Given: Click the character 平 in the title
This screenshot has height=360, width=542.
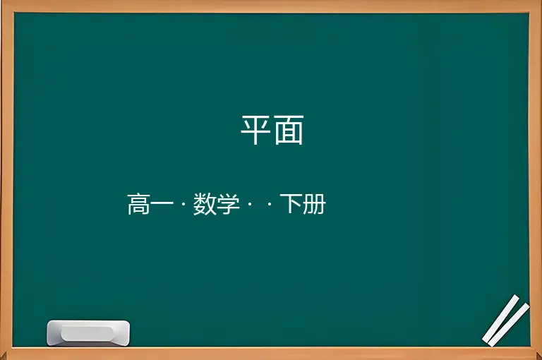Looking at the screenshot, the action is [255, 130].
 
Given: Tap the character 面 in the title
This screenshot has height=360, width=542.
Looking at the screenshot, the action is [289, 130].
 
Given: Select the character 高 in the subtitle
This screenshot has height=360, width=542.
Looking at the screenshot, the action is [138, 204].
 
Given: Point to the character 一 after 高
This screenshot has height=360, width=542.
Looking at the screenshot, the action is [162, 204].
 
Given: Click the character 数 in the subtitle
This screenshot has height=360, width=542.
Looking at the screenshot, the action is [205, 204].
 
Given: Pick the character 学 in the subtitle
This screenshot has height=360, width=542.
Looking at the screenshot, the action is [229, 204].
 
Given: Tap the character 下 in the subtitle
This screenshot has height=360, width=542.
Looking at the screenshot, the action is [291, 203].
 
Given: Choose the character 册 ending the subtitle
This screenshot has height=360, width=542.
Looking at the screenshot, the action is [314, 204].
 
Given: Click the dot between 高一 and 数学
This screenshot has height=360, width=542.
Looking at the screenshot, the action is [183, 204].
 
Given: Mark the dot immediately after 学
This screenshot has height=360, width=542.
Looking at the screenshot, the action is [250, 204].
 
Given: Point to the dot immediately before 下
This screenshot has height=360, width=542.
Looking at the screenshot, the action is [270, 204].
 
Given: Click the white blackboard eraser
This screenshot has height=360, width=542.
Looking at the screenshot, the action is [88, 332].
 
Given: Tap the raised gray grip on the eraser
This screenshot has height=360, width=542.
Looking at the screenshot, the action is [88, 333].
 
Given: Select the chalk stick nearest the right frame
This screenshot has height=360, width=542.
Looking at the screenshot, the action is [508, 325].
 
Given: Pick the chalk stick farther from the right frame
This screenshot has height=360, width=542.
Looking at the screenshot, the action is [501, 318].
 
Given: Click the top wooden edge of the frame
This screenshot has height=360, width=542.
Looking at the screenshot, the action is [271, 6].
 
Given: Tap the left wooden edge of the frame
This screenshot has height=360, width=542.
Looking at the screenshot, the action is [6, 180].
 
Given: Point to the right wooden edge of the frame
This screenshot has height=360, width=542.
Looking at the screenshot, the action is [536, 180].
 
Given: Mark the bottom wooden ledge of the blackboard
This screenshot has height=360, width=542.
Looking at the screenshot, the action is [271, 353].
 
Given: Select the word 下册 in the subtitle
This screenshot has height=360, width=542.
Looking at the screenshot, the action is [303, 204].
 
